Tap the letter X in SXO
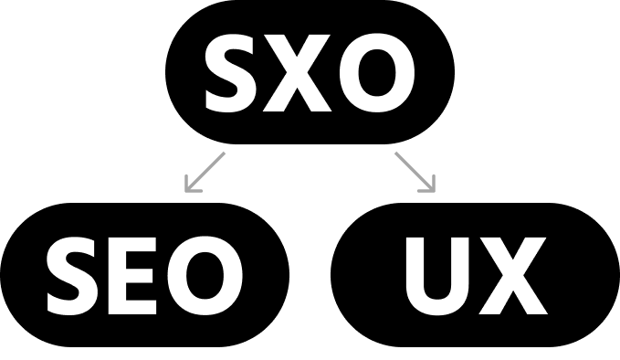(297, 73)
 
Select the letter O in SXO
(377, 73)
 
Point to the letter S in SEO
(71, 276)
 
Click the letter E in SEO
(132, 276)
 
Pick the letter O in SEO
(205, 276)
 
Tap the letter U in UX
(437, 276)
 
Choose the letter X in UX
(513, 276)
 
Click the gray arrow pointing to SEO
(205, 173)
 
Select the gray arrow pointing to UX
(415, 173)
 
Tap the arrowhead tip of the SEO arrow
(186, 192)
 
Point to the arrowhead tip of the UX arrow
(434, 192)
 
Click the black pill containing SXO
(310, 72)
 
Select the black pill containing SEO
(144, 275)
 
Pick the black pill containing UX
(475, 275)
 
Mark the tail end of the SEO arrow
(225, 154)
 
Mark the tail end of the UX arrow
(395, 154)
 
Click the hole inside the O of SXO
(377, 73)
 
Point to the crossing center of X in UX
(513, 275)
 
